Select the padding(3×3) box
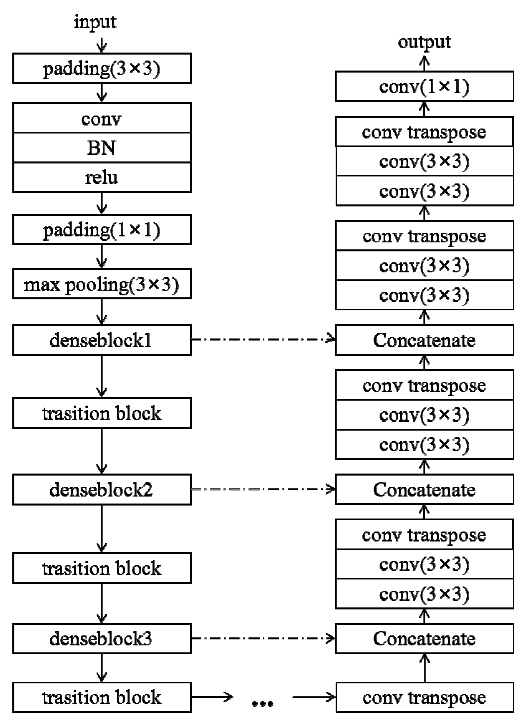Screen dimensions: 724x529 pyautogui.click(x=102, y=68)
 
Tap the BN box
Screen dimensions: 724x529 pyautogui.click(x=102, y=148)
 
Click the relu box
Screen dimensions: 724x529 pyautogui.click(x=102, y=177)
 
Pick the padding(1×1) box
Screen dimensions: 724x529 pyautogui.click(x=102, y=230)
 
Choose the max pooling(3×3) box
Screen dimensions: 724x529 pyautogui.click(x=102, y=284)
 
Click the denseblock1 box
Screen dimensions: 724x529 pyautogui.click(x=102, y=340)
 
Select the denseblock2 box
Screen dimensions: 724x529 pyautogui.click(x=102, y=490)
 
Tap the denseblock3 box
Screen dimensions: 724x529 pyautogui.click(x=102, y=639)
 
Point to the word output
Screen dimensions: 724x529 pyautogui.click(x=424, y=43)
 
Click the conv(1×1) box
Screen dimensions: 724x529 pyautogui.click(x=424, y=87)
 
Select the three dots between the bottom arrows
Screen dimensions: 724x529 pyautogui.click(x=262, y=703)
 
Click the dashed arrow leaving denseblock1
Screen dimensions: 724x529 pyautogui.click(x=263, y=339)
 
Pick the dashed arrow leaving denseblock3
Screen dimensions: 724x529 pyautogui.click(x=263, y=638)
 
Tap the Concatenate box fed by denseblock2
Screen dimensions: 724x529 pyautogui.click(x=424, y=490)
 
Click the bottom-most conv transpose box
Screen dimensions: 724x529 pyautogui.click(x=424, y=698)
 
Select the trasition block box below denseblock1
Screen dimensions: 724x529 pyautogui.click(x=102, y=413)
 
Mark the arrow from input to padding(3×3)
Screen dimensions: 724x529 pyautogui.click(x=102, y=45)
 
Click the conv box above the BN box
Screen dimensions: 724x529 pyautogui.click(x=102, y=118)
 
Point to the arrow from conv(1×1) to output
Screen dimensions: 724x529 pyautogui.click(x=424, y=64)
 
